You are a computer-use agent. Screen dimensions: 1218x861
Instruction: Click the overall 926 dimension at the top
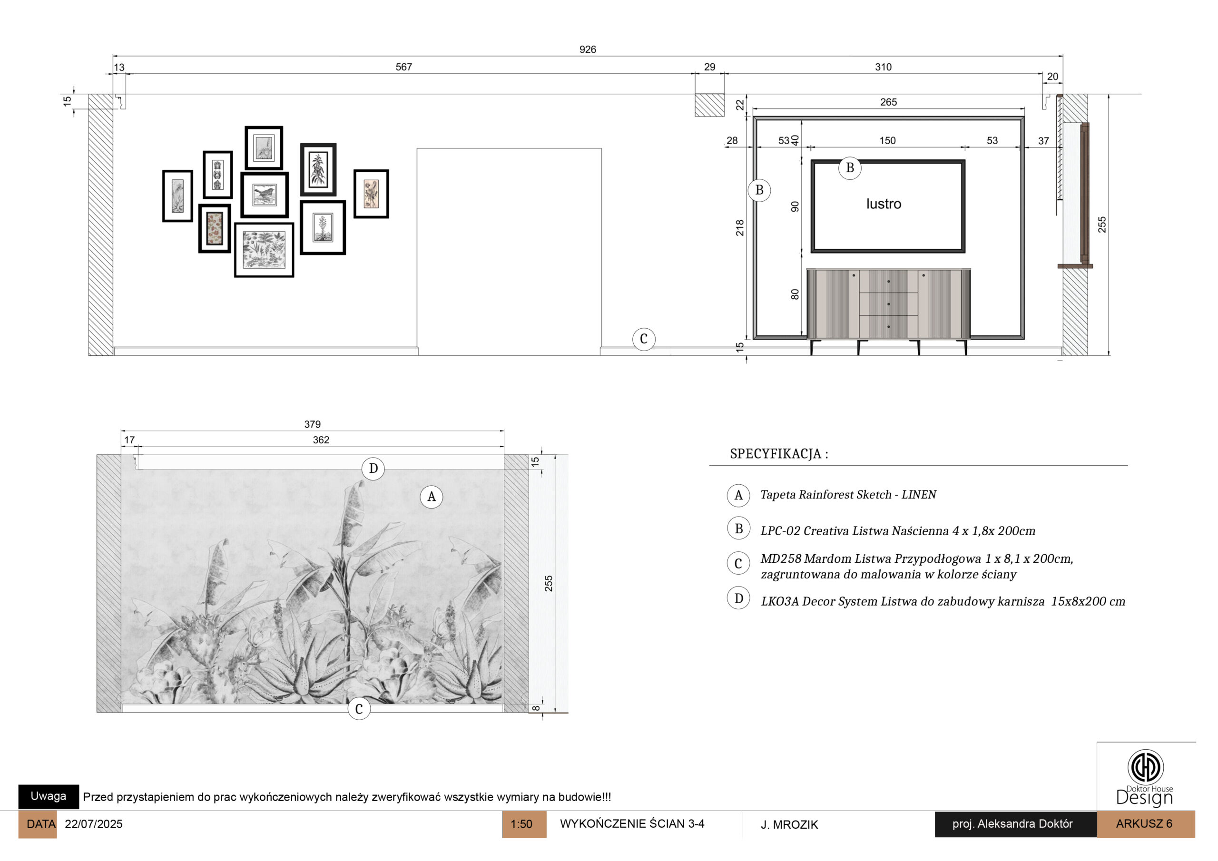point(587,49)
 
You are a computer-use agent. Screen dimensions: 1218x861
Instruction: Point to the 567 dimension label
point(404,67)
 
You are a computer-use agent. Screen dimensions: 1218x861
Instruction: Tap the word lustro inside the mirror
point(884,204)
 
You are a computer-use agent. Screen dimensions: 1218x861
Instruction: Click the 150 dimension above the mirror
point(887,141)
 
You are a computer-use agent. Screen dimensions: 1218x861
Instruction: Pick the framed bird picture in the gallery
point(265,195)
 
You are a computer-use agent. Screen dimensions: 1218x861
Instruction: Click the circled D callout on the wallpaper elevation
point(373,469)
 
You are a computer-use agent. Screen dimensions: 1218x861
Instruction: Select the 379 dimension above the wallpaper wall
point(313,424)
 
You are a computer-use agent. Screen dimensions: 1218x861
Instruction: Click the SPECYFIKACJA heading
point(779,454)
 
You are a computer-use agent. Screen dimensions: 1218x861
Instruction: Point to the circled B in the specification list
point(738,529)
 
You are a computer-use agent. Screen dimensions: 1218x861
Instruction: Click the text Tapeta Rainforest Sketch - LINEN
point(848,495)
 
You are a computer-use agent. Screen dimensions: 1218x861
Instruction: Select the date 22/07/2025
point(93,824)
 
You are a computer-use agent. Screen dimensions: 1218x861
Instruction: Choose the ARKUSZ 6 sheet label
point(1144,824)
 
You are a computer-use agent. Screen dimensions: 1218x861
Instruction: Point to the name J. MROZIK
point(789,824)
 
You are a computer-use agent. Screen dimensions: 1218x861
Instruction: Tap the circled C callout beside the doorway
point(643,339)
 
